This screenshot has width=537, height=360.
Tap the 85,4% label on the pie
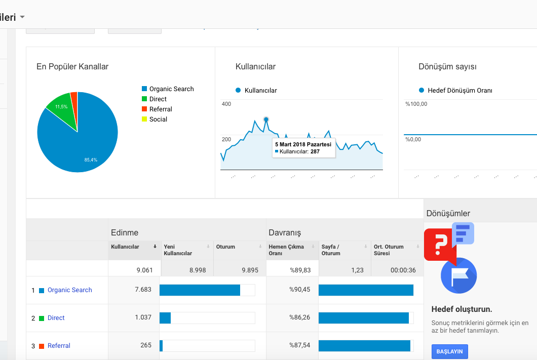coord(91,160)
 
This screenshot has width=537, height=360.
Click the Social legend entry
coord(155,119)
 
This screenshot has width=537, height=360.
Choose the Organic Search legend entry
coord(168,89)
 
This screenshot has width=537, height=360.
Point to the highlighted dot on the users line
coord(266,119)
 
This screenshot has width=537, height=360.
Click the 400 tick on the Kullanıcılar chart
coord(226,104)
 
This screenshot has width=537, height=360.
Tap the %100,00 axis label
coord(416,104)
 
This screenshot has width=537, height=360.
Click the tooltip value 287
coord(315,151)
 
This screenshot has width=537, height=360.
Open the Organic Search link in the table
coord(70,290)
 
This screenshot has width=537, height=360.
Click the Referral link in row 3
coord(59,346)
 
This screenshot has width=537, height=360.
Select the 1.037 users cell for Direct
coord(143,317)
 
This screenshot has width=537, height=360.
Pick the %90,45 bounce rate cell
coord(300,290)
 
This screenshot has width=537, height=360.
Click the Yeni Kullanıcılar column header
coord(178,250)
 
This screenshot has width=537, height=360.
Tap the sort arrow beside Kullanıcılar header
coord(155,247)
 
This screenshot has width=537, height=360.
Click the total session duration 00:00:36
coord(403,270)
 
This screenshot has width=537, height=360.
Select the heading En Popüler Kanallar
coord(72,67)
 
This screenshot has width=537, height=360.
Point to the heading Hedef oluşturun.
coord(462,309)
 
